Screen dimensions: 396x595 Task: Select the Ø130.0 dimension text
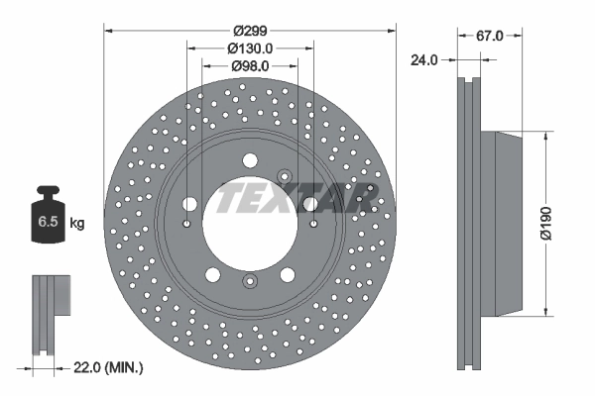pos(250,47)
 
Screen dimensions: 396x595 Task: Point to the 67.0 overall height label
pos(490,35)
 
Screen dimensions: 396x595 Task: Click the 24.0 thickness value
pos(423,59)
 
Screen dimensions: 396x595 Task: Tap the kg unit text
pos(77,224)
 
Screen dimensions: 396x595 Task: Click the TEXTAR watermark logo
pos(297,197)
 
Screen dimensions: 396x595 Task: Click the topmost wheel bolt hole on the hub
pos(250,159)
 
